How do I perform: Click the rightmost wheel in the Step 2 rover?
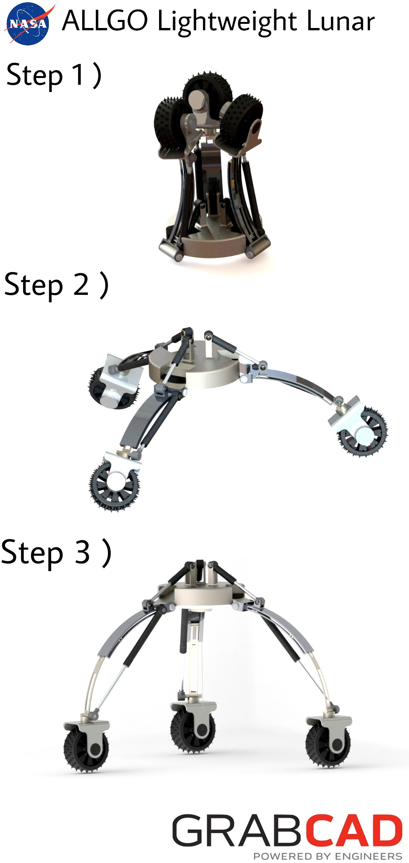point(363,432)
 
